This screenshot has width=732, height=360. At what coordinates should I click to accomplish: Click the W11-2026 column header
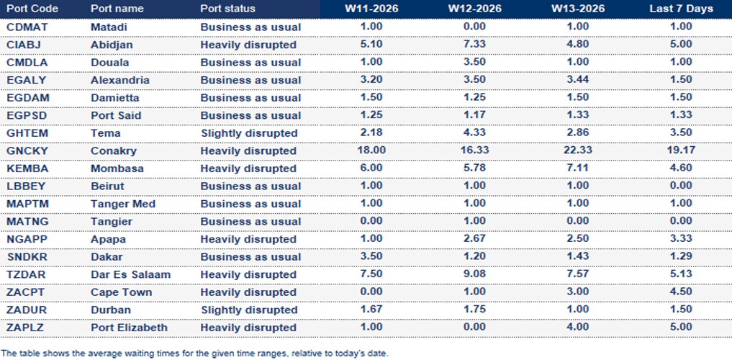coord(371,9)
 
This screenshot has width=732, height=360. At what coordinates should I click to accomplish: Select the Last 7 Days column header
coord(680,9)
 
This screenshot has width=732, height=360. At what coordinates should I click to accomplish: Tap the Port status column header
coord(227,9)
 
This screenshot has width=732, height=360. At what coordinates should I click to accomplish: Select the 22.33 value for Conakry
coord(577,150)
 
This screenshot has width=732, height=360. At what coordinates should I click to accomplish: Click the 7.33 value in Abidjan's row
coord(474,45)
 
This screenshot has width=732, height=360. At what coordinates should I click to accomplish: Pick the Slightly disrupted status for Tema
coord(248,133)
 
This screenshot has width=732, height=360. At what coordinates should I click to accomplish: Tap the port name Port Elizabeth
coord(129,328)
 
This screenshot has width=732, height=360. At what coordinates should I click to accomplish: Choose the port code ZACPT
coord(25,292)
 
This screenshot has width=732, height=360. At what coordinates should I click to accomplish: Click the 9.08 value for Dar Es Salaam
coord(474,274)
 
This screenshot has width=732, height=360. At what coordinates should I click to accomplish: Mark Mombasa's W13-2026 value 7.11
coord(577,168)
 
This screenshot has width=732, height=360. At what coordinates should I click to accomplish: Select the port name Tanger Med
coord(122,204)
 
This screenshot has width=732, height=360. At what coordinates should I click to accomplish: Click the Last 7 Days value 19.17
coord(680,151)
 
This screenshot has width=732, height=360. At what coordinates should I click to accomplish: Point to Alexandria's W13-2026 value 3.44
coord(577,80)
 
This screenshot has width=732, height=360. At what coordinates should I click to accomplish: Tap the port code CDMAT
coord(26,27)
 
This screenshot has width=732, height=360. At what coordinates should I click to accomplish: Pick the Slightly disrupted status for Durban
coord(248,310)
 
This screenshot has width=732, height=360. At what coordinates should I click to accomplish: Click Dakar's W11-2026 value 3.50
coord(371,257)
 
